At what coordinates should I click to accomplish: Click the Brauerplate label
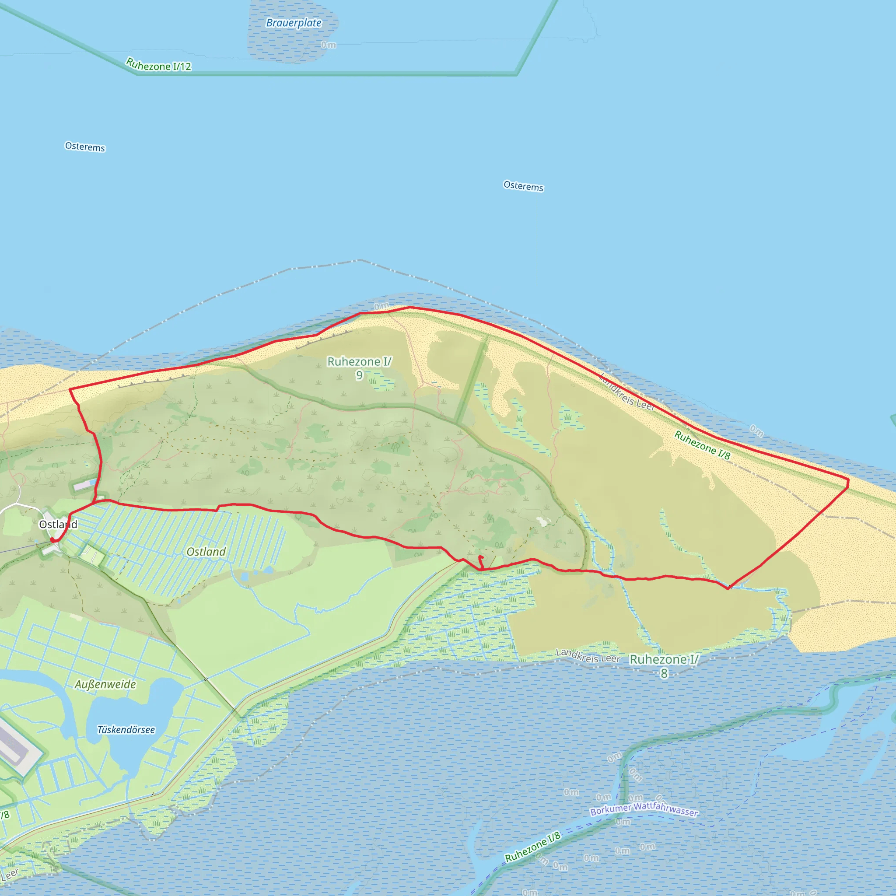(x=294, y=23)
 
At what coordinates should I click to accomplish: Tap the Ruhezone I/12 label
(x=159, y=65)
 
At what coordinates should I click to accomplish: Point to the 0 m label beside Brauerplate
(x=329, y=45)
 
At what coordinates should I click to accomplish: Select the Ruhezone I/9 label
(x=360, y=368)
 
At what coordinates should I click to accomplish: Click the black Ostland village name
(x=58, y=525)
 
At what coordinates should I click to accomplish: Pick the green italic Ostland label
(x=206, y=551)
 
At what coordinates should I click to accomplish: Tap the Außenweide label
(x=105, y=685)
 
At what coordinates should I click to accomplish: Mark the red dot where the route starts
(x=52, y=540)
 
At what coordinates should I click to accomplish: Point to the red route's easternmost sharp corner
(x=848, y=482)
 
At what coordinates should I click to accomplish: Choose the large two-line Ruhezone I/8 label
(x=664, y=665)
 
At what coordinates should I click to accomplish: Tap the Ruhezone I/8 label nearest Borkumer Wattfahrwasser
(x=532, y=847)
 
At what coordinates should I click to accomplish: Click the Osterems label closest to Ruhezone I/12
(x=85, y=147)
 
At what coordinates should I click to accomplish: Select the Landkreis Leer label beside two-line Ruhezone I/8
(x=588, y=656)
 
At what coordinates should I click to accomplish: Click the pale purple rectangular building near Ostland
(x=85, y=485)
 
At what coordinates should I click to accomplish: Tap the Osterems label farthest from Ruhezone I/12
(x=524, y=186)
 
